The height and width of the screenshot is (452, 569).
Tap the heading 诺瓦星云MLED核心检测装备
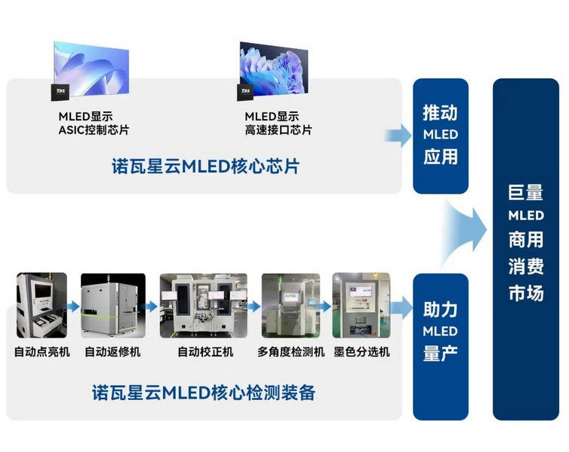(204, 392)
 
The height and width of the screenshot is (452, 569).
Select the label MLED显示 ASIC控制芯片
(94, 123)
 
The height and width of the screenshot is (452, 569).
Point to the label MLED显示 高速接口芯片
(278, 123)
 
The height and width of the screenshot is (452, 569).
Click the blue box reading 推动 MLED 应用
(440, 135)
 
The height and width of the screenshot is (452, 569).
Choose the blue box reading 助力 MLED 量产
(440, 331)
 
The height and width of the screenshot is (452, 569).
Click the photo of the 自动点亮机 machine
(42, 305)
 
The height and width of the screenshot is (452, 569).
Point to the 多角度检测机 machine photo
(291, 305)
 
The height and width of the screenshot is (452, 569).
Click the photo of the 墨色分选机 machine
(361, 305)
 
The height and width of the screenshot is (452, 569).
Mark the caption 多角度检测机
(291, 352)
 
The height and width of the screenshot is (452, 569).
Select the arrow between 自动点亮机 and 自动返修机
(73, 307)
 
